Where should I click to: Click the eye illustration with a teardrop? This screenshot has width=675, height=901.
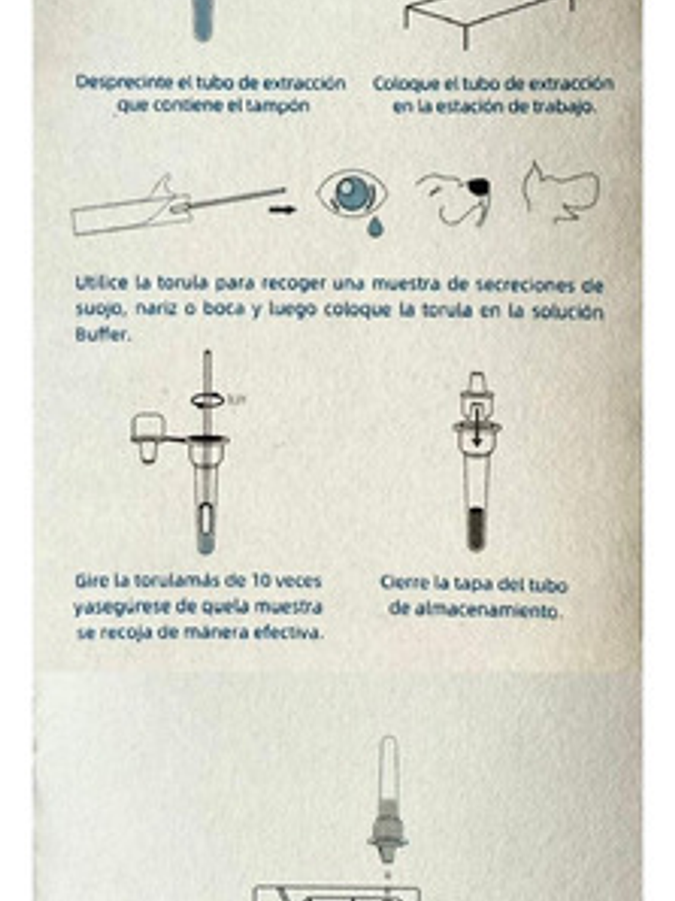[352, 193]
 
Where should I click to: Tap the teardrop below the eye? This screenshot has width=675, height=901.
[374, 226]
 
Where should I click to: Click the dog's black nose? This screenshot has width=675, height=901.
[478, 187]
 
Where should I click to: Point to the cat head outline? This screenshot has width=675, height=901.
[560, 193]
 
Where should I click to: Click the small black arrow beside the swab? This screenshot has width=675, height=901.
[282, 209]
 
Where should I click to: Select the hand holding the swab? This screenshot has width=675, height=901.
[169, 199]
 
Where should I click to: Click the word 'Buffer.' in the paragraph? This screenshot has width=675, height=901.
[102, 335]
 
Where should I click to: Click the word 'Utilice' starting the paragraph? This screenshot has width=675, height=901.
[101, 283]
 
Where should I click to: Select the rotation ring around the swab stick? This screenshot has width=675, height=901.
[208, 400]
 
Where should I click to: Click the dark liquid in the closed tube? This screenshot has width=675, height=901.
[476, 529]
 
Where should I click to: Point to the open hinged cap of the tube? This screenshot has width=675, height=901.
[148, 437]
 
